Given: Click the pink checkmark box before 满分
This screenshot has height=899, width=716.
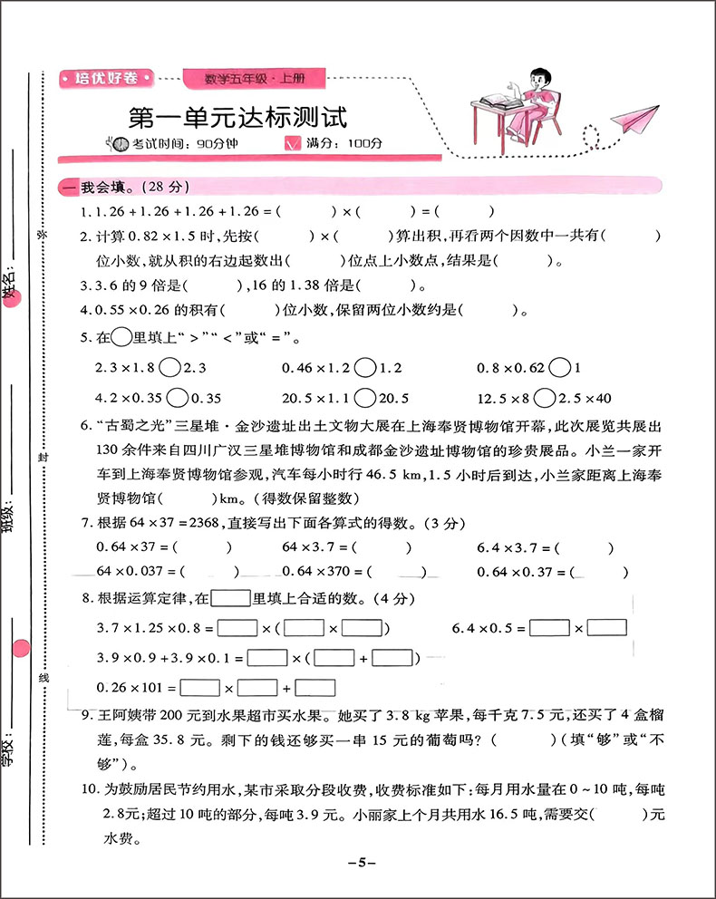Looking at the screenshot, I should (292, 143).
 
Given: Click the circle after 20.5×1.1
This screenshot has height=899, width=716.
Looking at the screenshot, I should (366, 398).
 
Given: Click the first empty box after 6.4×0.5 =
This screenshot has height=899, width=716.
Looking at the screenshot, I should (549, 627).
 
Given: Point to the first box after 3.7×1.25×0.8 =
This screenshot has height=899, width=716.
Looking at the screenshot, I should (237, 627).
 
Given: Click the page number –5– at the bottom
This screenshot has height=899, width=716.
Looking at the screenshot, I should (361, 862).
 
